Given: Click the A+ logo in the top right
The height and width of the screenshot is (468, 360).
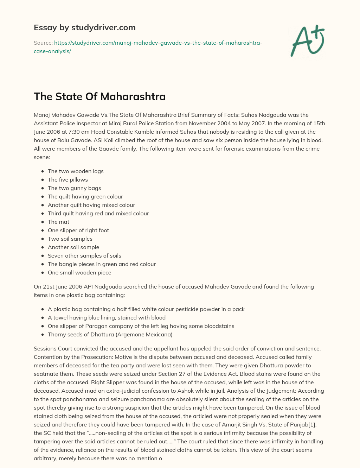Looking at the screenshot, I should pos(308,40).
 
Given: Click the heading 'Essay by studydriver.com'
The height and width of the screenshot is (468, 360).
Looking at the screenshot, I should pos(84,27).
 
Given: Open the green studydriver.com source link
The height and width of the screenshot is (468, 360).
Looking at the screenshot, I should pos(148,47).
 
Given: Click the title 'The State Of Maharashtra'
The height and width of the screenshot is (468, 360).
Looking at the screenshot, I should pos(99,96).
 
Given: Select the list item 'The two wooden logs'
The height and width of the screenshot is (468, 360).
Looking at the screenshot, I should pos(76,171).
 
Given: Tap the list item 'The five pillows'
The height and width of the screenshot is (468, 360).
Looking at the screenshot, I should pos(68,179).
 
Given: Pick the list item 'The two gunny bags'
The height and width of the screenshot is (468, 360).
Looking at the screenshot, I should pos(75,188).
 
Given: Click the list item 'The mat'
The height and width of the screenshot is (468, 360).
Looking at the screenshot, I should pos(58,222).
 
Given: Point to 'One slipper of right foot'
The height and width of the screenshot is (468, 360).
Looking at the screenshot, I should pos(78,230).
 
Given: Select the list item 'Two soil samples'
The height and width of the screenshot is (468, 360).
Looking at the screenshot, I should pos(70,239).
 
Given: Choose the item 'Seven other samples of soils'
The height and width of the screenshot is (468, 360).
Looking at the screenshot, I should pos(84,255).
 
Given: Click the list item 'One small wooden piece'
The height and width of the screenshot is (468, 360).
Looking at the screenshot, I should pos(79,272).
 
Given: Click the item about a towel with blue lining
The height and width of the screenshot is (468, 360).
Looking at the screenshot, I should pos(107,317).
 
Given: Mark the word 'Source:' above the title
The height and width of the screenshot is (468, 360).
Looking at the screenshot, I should pos(43,43).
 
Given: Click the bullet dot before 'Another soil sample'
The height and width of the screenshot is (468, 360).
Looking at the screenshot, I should pos(43,247).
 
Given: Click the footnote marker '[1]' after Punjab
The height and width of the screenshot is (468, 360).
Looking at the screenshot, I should pos(312,424).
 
